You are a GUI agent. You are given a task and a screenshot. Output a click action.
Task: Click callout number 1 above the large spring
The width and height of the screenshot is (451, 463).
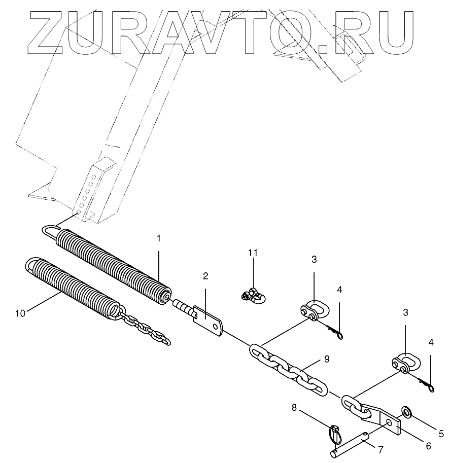[158, 238]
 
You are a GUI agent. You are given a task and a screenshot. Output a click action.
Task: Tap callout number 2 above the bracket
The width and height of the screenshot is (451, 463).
[205, 276]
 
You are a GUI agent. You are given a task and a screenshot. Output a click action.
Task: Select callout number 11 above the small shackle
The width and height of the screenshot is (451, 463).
[253, 252]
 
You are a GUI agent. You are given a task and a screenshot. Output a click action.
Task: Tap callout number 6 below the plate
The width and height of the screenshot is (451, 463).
[428, 446]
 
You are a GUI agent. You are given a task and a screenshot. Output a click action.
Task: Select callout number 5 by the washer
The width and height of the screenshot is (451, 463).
[441, 434]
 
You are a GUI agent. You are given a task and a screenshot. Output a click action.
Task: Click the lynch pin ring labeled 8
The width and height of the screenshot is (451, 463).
[334, 434]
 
